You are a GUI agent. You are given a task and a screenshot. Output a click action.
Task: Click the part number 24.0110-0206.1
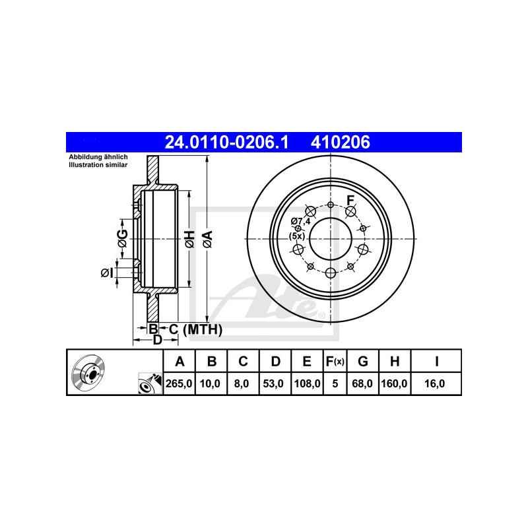click(x=226, y=142)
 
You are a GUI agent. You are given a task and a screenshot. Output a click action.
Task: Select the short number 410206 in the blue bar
click(x=340, y=142)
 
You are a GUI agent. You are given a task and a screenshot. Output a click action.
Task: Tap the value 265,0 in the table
click(x=179, y=383)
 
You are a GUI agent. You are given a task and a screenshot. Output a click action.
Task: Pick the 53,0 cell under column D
click(x=273, y=383)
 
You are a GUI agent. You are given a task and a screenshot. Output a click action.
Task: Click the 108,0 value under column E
click(x=308, y=383)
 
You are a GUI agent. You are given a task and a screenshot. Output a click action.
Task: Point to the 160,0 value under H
click(x=394, y=383)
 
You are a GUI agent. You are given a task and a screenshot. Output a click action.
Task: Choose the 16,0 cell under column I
click(x=435, y=383)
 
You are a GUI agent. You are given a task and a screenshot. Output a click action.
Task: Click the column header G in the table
click(x=362, y=361)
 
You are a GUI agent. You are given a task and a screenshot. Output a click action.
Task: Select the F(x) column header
click(x=335, y=361)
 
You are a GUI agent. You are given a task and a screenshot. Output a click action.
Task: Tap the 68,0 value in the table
click(x=362, y=383)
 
